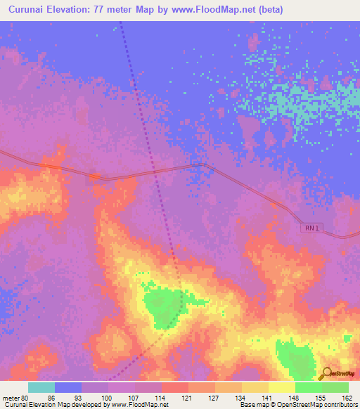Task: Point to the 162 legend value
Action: click(347, 397)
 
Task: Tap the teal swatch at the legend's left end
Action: click(41, 387)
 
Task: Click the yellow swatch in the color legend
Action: click(281, 387)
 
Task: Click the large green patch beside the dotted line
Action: click(163, 306)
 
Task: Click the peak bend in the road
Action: click(202, 164)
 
